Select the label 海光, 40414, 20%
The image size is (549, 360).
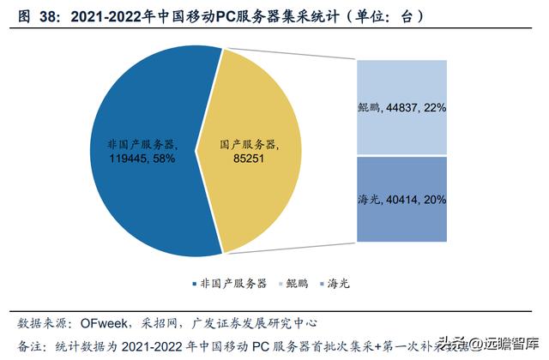(x=401, y=199)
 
